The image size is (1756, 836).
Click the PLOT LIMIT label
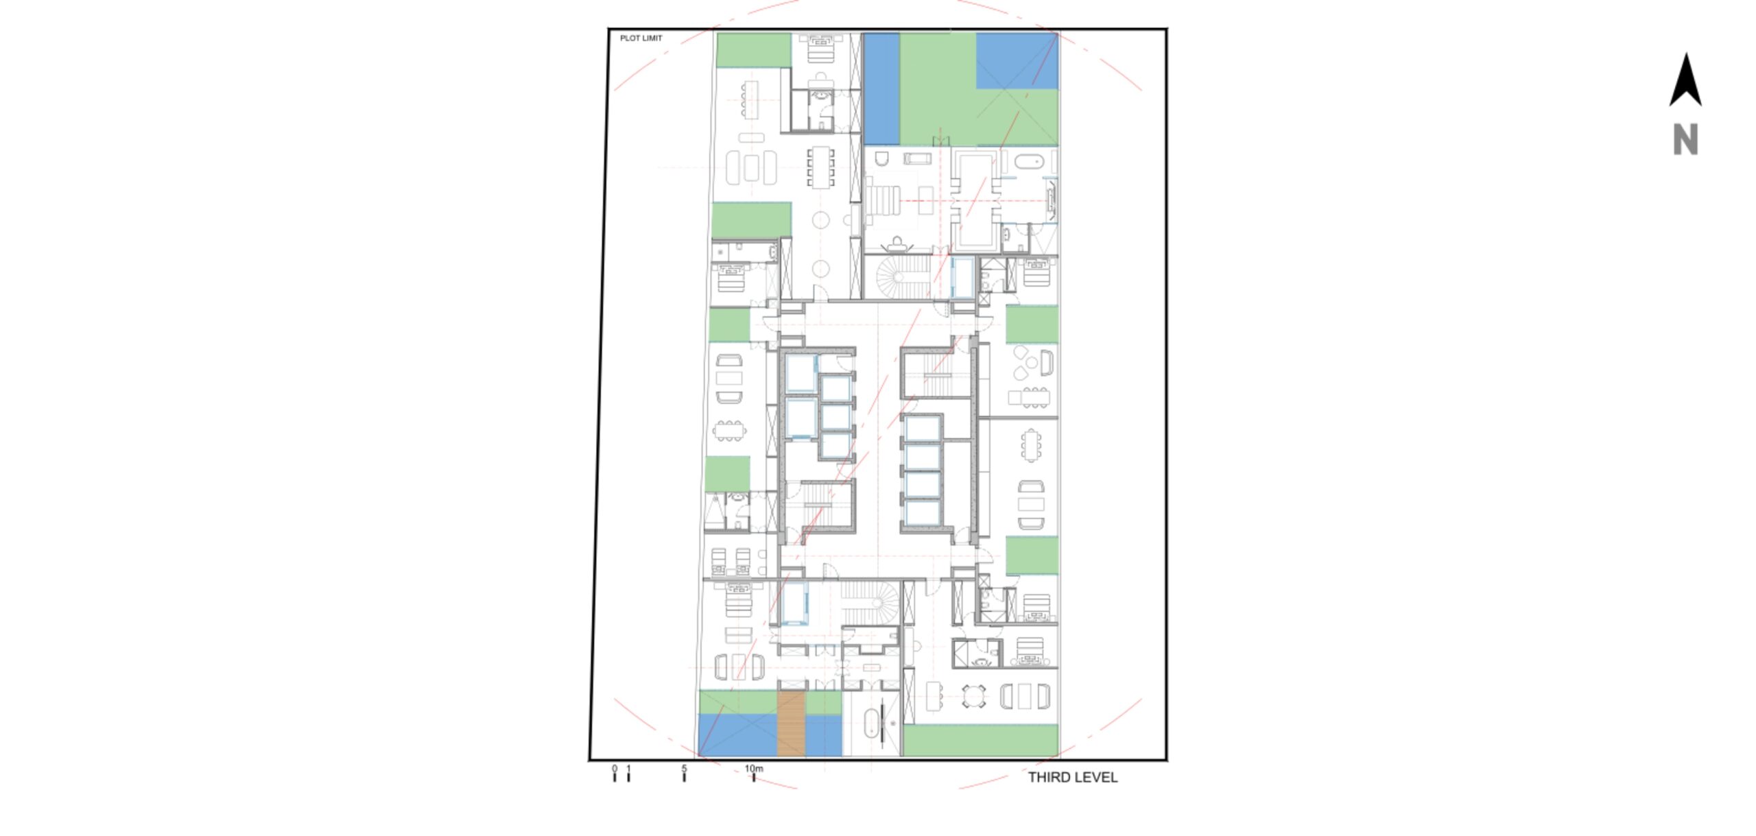641,38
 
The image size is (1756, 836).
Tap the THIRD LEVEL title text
1072,777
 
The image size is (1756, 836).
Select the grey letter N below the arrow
1685,140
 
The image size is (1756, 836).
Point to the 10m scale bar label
754,768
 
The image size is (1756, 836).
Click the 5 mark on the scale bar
684,768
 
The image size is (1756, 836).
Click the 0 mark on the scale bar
615,768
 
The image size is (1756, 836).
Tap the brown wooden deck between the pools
791,724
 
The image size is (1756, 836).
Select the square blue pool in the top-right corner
1017,60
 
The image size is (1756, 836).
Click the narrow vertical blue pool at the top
881,88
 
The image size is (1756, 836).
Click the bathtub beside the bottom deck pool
871,724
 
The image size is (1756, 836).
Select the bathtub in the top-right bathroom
1029,163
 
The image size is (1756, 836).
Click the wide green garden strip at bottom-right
980,741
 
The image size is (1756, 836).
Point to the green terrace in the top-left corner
754,50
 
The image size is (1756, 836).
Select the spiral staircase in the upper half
903,277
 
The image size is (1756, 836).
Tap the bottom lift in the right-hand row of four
922,512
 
